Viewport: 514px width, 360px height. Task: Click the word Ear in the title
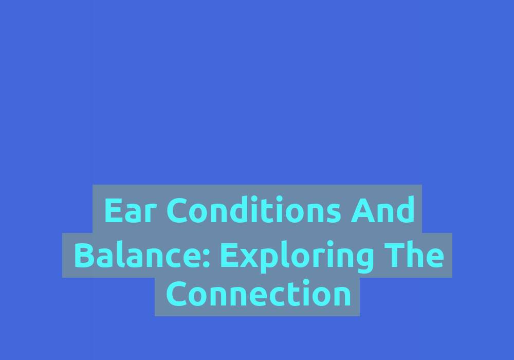pyautogui.click(x=128, y=210)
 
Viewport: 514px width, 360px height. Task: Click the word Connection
pyautogui.click(x=259, y=293)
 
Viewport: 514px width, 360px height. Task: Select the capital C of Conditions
pyautogui.click(x=178, y=210)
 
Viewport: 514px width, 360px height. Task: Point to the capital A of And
pyautogui.click(x=362, y=210)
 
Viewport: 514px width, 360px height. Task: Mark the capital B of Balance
pyautogui.click(x=85, y=255)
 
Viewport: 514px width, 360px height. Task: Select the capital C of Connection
pyautogui.click(x=177, y=293)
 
